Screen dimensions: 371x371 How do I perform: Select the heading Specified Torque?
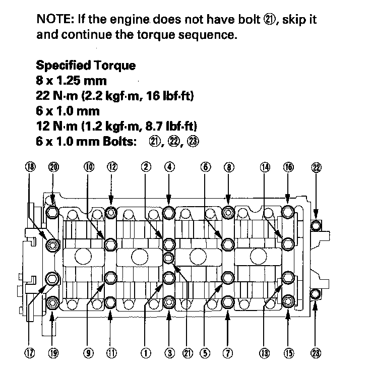click(85, 66)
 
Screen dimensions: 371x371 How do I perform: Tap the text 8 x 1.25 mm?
click(72, 81)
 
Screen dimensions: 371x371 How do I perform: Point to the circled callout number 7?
click(228, 353)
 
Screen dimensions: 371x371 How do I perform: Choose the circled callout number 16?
click(288, 168)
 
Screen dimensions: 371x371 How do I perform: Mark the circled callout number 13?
click(264, 353)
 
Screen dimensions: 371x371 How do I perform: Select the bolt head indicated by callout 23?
click(316, 293)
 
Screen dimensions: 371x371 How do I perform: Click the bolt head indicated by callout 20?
click(53, 212)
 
